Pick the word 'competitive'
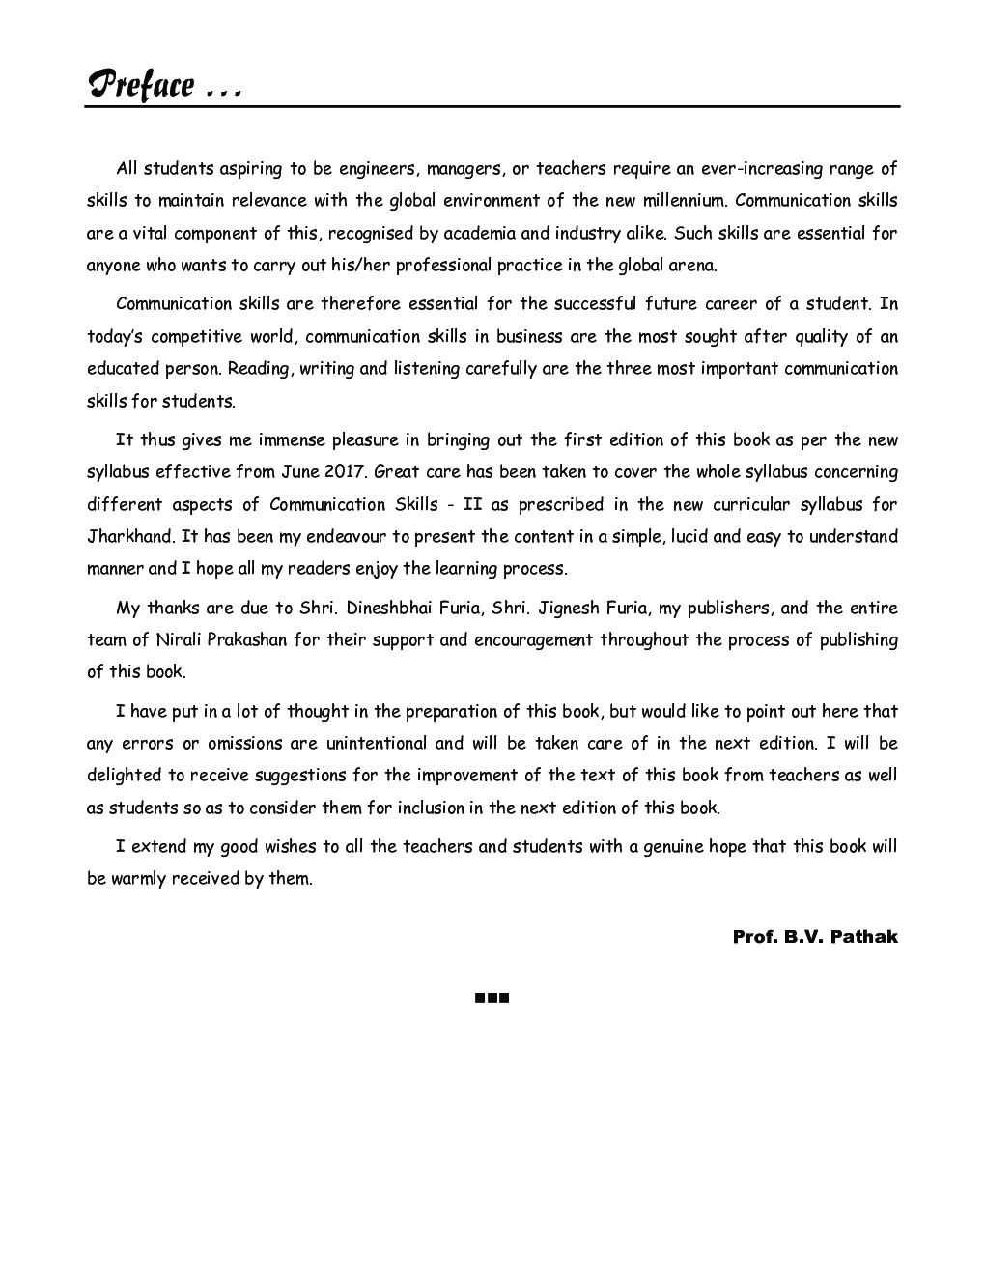[x=194, y=336]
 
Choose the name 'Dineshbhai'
[x=388, y=608]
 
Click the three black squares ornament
[x=492, y=998]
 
